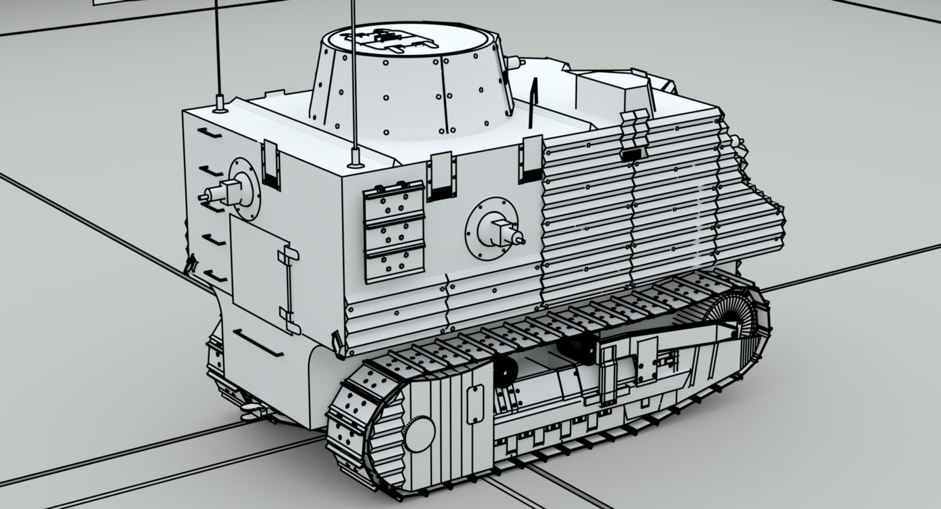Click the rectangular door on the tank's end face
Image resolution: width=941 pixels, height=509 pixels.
(x=260, y=272)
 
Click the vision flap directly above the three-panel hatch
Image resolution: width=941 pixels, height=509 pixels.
(x=442, y=176)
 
